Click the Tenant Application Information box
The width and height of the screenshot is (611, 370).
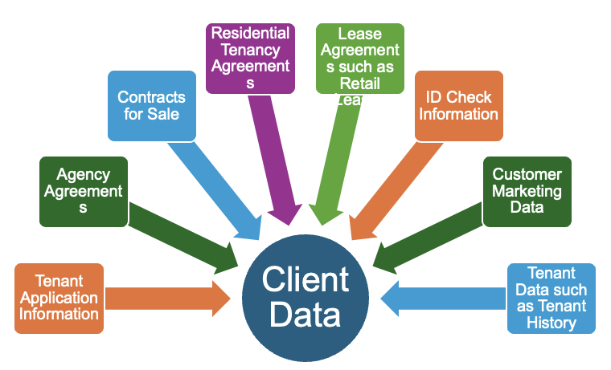[59, 298]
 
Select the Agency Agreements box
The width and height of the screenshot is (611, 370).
[83, 191]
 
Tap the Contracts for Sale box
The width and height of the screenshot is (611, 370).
[151, 105]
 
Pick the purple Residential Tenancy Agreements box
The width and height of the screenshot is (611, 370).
[249, 57]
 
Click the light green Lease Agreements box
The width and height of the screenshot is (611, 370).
[359, 58]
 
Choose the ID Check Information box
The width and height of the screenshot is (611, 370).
[458, 105]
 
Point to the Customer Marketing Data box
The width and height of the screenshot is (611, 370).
[527, 191]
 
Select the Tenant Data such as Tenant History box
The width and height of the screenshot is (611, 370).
[552, 298]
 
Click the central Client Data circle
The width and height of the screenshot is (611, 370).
[305, 298]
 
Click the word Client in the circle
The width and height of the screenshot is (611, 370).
[305, 281]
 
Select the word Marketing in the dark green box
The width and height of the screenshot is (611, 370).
[527, 191]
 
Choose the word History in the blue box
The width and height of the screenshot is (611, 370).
[552, 323]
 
